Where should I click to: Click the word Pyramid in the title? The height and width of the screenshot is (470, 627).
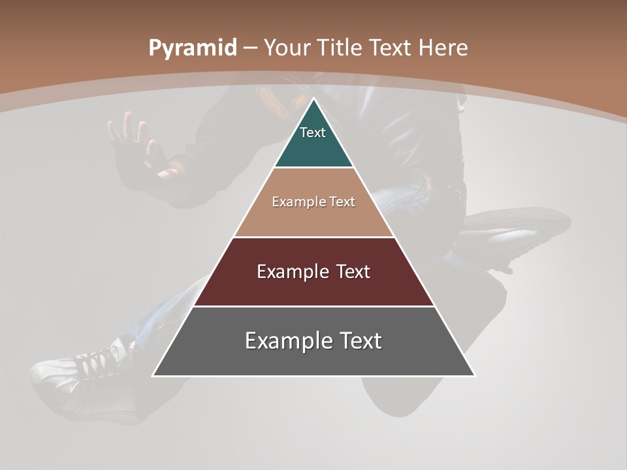pyautogui.click(x=192, y=48)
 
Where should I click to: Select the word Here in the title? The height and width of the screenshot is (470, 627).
pyautogui.click(x=443, y=48)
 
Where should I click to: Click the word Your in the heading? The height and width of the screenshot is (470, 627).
pyautogui.click(x=288, y=48)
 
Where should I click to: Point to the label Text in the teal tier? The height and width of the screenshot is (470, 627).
pyautogui.click(x=313, y=133)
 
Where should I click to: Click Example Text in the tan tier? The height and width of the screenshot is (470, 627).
pyautogui.click(x=313, y=202)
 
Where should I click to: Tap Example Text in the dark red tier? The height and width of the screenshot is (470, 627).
pyautogui.click(x=313, y=272)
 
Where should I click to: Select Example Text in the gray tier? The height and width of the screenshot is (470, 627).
pyautogui.click(x=313, y=341)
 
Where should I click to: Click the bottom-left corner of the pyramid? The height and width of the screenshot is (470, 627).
pyautogui.click(x=153, y=375)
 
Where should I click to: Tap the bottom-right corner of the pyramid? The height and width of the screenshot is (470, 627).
pyautogui.click(x=475, y=375)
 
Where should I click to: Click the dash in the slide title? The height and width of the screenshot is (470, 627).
pyautogui.click(x=250, y=48)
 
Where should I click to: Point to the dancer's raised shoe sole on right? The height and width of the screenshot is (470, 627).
pyautogui.click(x=516, y=228)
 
